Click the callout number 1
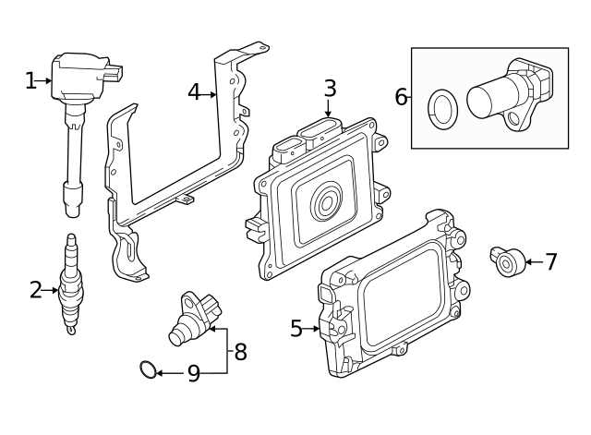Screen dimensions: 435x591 pyautogui.click(x=30, y=81)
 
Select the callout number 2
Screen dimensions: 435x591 pyautogui.click(x=35, y=291)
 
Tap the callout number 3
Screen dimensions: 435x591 pyautogui.click(x=330, y=89)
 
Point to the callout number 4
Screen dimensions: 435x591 pyautogui.click(x=194, y=92)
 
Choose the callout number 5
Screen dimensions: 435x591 pyautogui.click(x=296, y=328)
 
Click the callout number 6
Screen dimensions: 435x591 pyautogui.click(x=401, y=97)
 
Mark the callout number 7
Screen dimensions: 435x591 pyautogui.click(x=550, y=262)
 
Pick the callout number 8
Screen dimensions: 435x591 pyautogui.click(x=240, y=352)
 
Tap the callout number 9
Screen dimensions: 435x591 pyautogui.click(x=193, y=374)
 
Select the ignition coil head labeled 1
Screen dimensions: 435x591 pyautogui.click(x=83, y=76)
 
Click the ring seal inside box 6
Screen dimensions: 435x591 pyautogui.click(x=442, y=106)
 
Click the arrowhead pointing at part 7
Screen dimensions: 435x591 pyautogui.click(x=527, y=262)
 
